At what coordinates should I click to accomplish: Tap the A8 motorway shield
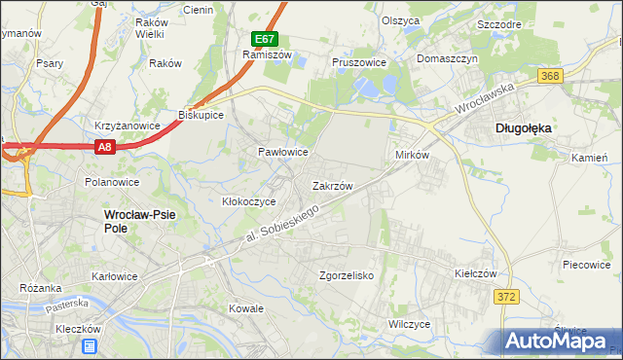106,147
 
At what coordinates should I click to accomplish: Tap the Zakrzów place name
332,184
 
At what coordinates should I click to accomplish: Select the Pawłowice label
282,153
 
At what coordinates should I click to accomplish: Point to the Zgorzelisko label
347,275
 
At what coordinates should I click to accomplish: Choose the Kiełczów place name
476,274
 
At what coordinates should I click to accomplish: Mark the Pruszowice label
359,61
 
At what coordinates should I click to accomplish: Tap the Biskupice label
201,115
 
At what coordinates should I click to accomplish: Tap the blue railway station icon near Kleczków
90,346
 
